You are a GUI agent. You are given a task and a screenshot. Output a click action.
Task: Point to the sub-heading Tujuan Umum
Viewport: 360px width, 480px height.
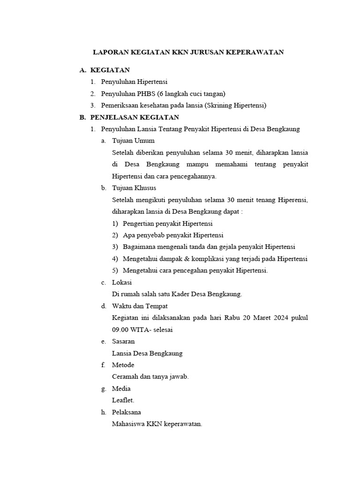coord(133,141)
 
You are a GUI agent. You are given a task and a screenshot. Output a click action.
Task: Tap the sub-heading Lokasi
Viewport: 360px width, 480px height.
coord(122,282)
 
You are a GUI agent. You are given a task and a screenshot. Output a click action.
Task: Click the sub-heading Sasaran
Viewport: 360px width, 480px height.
coord(123,341)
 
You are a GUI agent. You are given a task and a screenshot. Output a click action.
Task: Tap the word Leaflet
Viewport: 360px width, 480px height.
coord(123,400)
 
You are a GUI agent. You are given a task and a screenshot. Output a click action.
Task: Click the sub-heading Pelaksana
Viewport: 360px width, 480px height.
coord(126,412)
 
